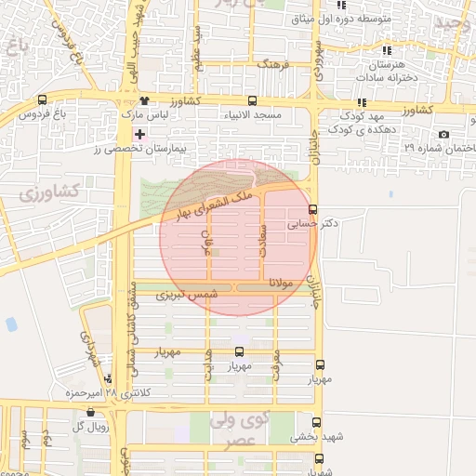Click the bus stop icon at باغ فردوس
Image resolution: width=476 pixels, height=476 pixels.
pos(43,100)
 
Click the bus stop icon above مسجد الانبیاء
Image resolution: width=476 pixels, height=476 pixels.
pos(252,100)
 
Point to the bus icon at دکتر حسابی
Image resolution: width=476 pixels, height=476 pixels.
pos(312,209)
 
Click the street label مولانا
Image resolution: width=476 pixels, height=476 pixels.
pos(281,282)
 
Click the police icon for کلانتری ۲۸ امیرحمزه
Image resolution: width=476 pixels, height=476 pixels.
pos(110,379)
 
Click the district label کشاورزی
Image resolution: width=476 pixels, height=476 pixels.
pos(51,194)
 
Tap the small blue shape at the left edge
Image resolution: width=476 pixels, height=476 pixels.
pos(11,324)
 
